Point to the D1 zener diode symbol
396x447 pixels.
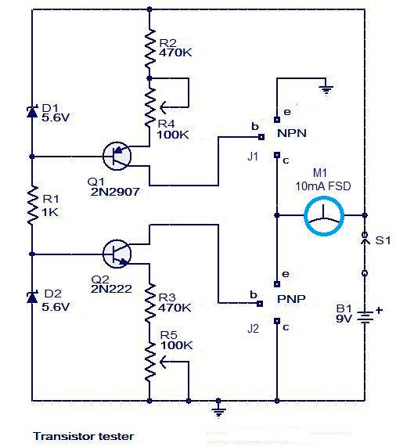[32, 112]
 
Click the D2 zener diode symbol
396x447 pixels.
[32, 297]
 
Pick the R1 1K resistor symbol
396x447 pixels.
[32, 205]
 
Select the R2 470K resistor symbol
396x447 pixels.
[148, 47]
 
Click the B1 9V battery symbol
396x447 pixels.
[365, 317]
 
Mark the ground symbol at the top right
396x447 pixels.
[328, 90]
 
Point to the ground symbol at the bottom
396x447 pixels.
[220, 408]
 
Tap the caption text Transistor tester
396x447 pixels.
[84, 436]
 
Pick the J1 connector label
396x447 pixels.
[252, 156]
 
